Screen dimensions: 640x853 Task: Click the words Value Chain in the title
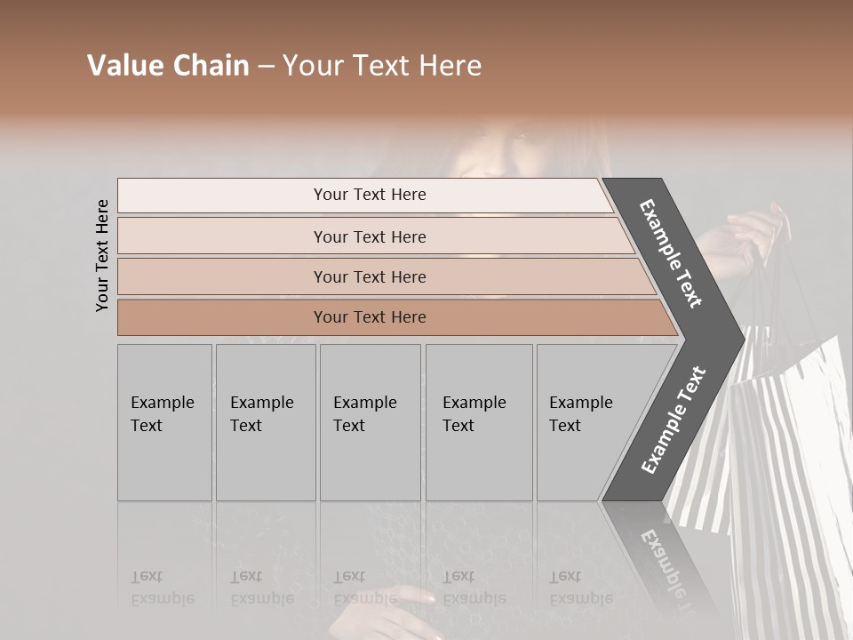[168, 66]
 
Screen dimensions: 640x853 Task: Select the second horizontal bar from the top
[370, 236]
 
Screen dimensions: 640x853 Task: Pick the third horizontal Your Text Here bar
[370, 276]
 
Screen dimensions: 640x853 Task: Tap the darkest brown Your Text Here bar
[370, 317]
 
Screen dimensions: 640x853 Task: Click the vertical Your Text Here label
[102, 255]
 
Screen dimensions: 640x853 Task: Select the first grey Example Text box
[164, 422]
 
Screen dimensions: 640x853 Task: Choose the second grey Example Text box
[266, 422]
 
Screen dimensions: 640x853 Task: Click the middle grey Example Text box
[370, 422]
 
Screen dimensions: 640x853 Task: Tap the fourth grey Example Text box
[479, 422]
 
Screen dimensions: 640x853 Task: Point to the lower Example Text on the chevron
[674, 420]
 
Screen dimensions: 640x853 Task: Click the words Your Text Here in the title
[382, 66]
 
